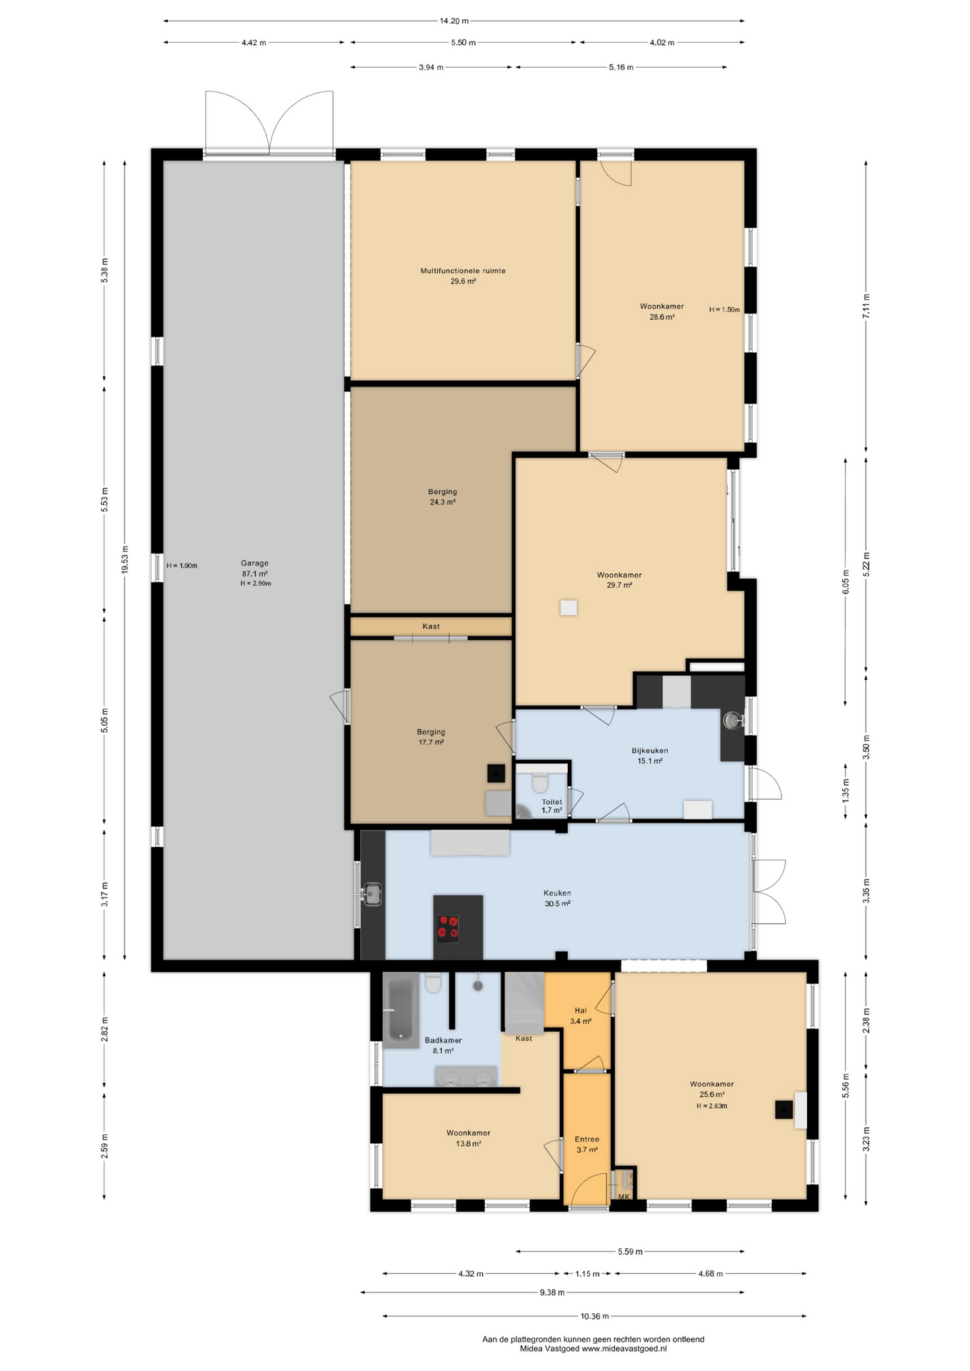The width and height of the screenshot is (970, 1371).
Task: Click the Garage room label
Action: [254, 563]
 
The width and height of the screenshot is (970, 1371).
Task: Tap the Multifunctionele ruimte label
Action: [463, 271]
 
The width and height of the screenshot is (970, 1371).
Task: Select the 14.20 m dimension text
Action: [454, 21]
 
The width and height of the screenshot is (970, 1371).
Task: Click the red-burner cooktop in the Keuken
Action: [448, 928]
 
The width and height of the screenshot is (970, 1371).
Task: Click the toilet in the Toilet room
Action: [539, 783]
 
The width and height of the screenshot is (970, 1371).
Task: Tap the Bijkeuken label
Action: [649, 750]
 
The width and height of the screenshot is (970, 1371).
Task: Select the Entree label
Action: [587, 1139]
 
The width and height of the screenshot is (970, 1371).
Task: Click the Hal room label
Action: [581, 1010]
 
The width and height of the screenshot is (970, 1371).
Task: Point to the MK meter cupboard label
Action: [624, 1197]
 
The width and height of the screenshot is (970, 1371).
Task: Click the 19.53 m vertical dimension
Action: [124, 559]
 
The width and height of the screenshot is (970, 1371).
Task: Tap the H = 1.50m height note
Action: [724, 310]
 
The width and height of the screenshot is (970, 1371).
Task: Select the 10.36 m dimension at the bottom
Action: [594, 1316]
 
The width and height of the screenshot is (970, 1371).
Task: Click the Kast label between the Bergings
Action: [431, 626]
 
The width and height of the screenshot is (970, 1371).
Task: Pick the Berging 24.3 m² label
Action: [443, 496]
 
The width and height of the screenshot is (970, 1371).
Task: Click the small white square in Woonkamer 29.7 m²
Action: [569, 608]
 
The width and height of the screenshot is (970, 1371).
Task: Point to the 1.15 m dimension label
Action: [587, 1273]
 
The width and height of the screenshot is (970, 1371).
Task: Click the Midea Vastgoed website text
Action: [593, 1349]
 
